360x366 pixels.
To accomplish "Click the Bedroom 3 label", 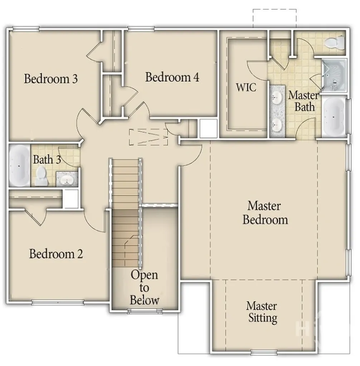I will [x=50, y=79].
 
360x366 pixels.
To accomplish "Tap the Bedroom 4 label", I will [x=172, y=77].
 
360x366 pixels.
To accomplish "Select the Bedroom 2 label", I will [x=56, y=254].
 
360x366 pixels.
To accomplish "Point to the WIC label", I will [x=246, y=87].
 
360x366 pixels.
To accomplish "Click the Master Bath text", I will [x=303, y=101].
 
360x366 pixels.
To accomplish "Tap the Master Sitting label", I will [x=262, y=312].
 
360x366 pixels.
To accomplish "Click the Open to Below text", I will [x=144, y=287].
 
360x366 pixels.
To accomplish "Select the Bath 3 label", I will [x=47, y=159].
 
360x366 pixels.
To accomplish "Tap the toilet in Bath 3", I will [x=42, y=176].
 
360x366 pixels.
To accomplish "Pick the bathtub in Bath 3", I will [x=19, y=165].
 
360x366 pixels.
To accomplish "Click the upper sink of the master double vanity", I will [x=277, y=96].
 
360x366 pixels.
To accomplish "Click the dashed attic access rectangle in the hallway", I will [x=149, y=137].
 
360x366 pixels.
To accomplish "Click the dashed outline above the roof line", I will [x=274, y=18].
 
